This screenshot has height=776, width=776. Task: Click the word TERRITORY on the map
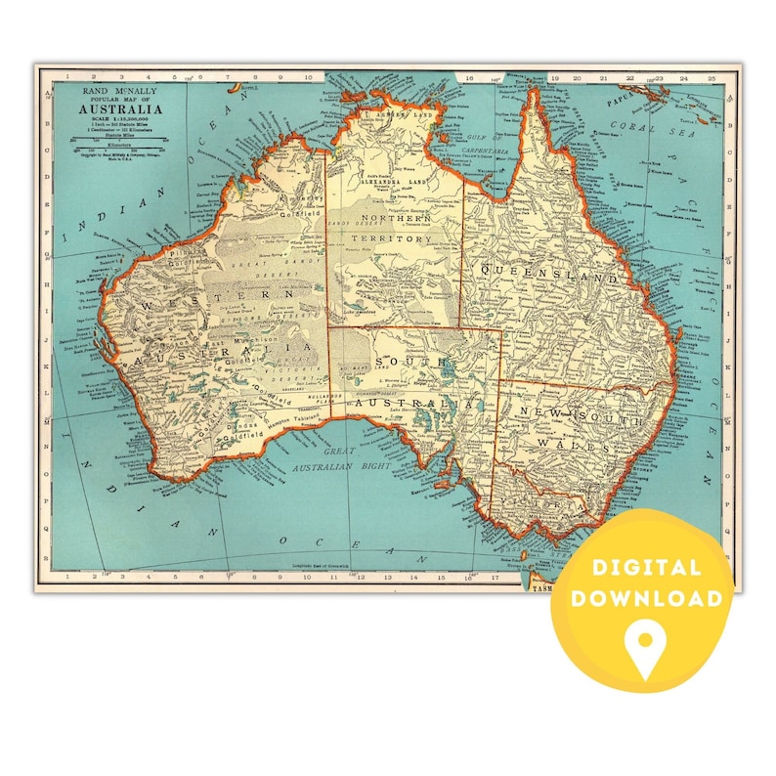click(396, 238)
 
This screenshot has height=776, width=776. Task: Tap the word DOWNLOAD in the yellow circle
click(646, 598)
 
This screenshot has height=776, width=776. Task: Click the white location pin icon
click(645, 648)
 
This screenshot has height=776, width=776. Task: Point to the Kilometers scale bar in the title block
click(116, 140)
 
